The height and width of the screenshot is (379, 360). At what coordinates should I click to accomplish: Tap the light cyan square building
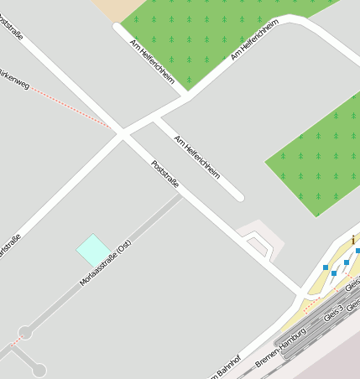click(x=92, y=250)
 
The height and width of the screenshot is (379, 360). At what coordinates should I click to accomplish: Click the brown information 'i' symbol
click(x=353, y=241)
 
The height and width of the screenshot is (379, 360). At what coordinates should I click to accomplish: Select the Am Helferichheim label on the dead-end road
click(x=196, y=157)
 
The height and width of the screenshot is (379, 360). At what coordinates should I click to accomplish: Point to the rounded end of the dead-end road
click(x=239, y=198)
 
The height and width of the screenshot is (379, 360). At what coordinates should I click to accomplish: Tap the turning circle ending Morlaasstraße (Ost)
click(x=26, y=333)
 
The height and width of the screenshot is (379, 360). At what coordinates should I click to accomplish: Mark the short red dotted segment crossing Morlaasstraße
click(x=15, y=341)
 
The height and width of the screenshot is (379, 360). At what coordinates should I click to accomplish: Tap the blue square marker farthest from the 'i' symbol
click(x=326, y=267)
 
